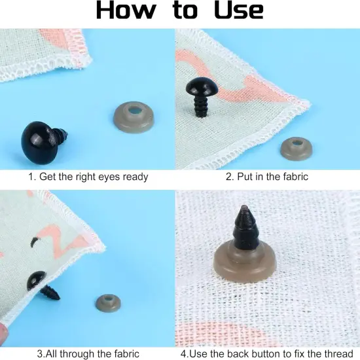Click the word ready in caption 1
(134, 177)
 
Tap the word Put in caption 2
(245, 177)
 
